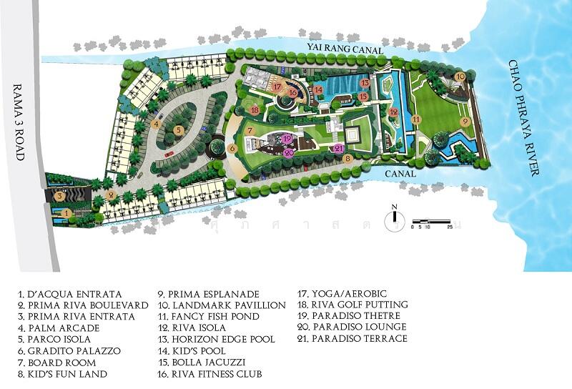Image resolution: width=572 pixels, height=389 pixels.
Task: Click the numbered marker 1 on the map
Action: click(66, 212)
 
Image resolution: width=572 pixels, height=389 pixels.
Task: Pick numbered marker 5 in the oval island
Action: click(178, 130)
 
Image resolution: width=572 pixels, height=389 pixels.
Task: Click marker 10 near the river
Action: click(460, 76)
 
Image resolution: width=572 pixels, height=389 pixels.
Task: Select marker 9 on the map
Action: click(465, 122)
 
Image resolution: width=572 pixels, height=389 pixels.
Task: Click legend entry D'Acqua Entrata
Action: click(70, 294)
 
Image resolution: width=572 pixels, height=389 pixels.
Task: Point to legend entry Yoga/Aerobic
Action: click(332, 293)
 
